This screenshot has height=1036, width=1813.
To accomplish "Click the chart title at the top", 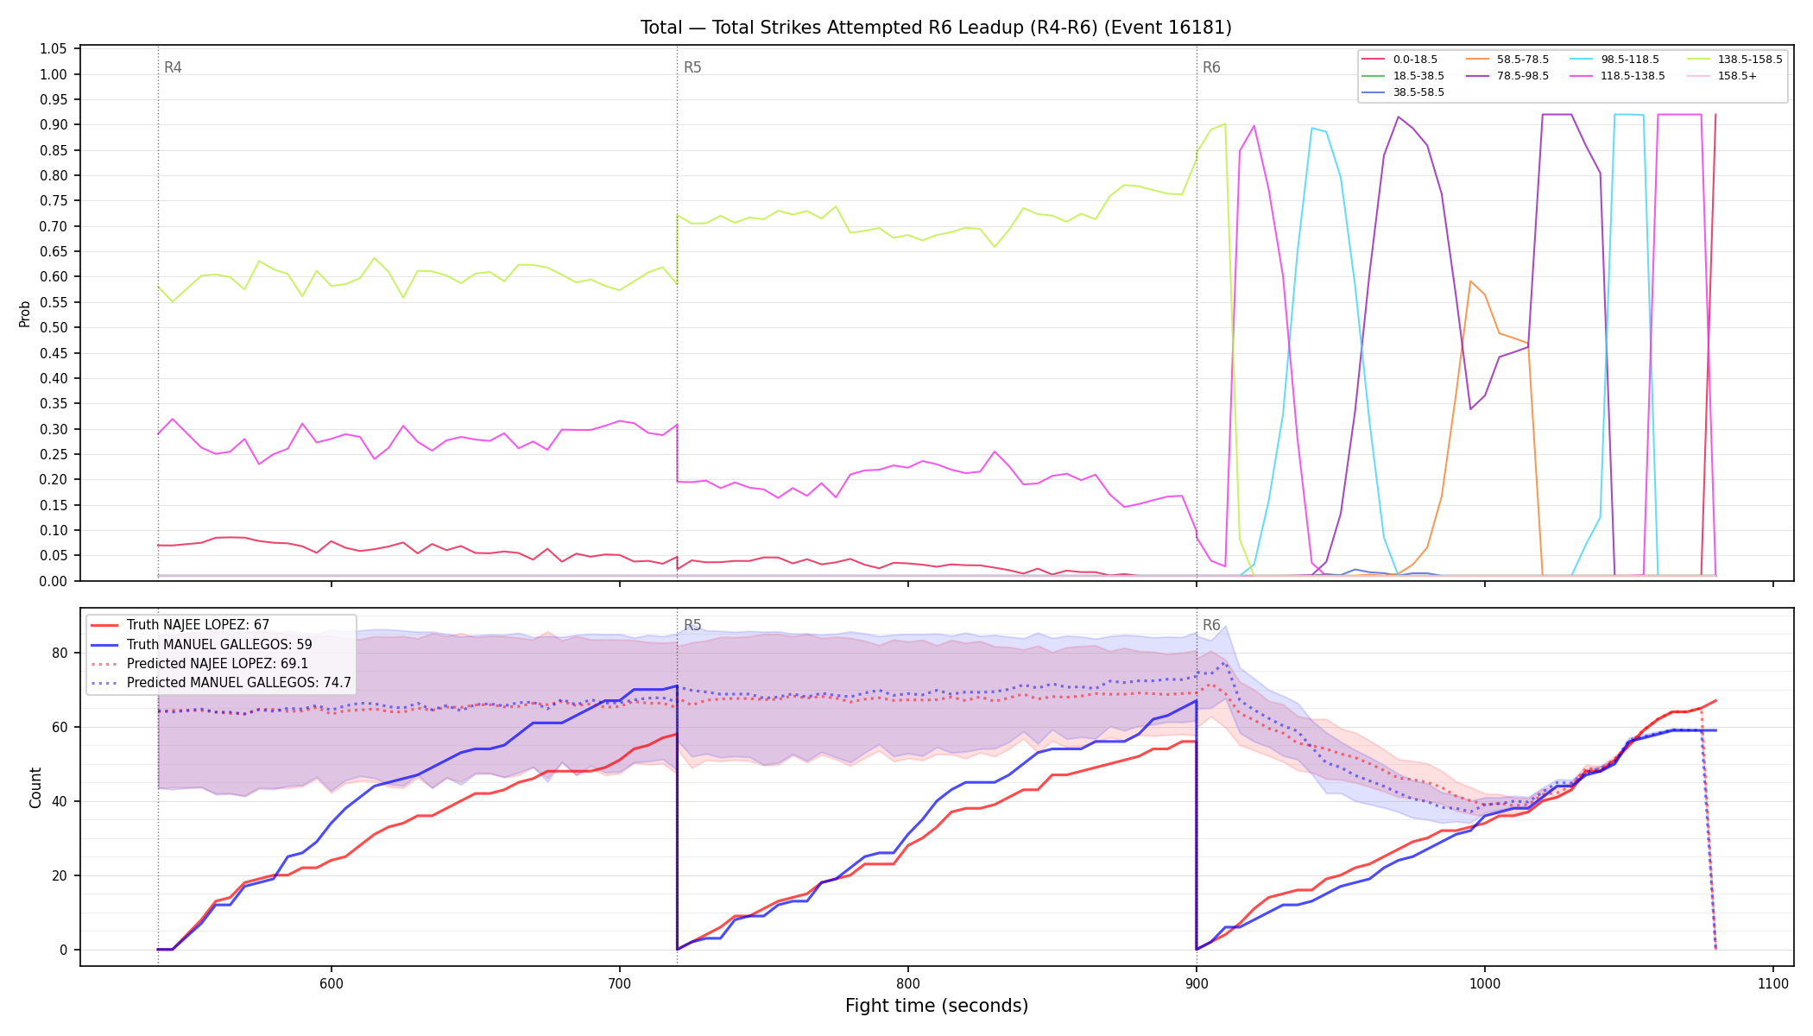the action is point(936,28).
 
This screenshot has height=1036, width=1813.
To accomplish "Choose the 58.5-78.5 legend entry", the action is point(1507,60).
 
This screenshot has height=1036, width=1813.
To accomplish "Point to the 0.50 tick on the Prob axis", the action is point(54,328).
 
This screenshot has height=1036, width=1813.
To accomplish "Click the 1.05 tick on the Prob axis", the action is point(54,49).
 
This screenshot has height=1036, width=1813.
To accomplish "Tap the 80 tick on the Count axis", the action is point(60,654).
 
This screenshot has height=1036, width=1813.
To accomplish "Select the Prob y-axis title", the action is point(25,313).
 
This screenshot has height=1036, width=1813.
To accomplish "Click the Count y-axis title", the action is point(35,787).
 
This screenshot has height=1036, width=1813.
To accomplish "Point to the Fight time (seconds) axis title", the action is point(937,1006).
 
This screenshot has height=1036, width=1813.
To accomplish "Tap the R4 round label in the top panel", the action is point(173,67).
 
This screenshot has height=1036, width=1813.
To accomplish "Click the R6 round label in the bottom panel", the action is point(1211,625).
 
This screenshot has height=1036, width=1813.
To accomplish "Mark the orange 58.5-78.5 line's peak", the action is point(1470,281).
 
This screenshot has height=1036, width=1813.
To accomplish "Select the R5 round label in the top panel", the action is point(692,67).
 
